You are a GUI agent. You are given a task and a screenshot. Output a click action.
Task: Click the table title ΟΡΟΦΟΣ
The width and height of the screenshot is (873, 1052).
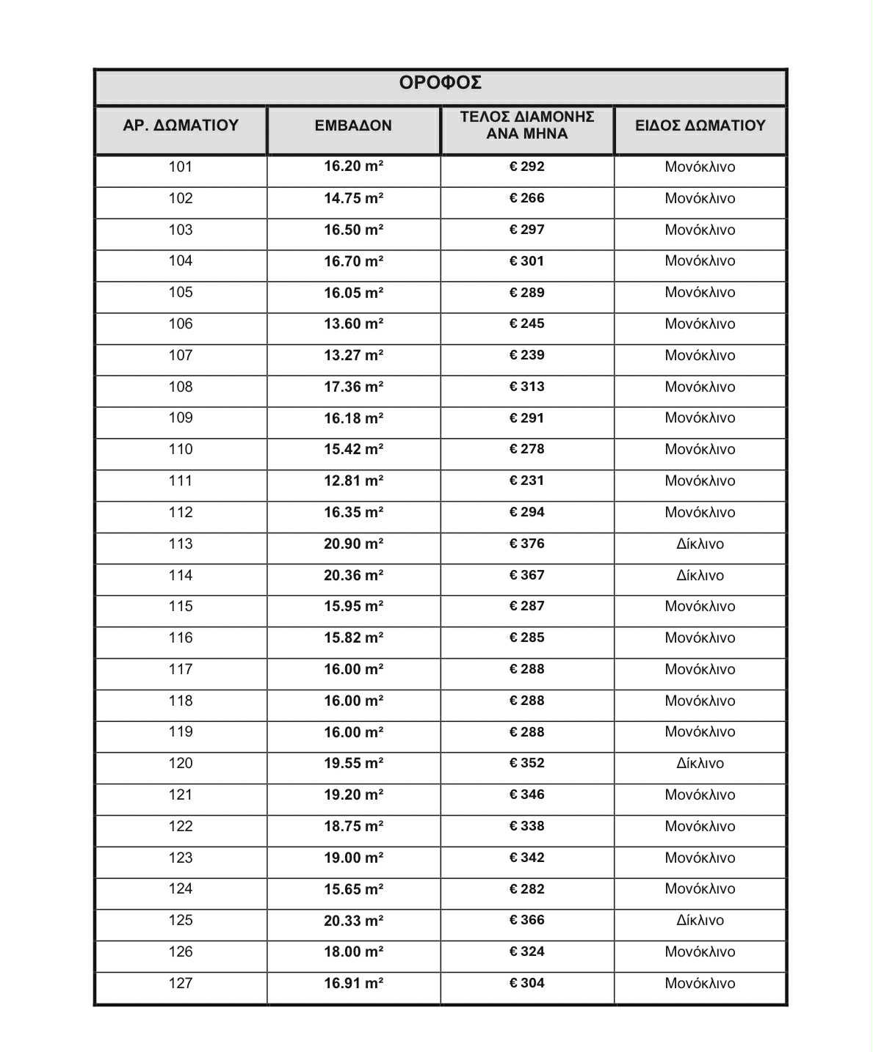pos(441,83)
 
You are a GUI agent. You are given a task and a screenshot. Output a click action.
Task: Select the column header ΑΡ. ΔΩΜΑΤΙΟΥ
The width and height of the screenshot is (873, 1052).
pos(181,125)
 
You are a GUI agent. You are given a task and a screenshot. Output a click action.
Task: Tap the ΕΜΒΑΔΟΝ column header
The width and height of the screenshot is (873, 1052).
pos(353,125)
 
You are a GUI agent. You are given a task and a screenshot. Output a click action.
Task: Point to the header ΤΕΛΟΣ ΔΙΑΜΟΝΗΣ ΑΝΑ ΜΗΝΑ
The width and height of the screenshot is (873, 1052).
pos(526,125)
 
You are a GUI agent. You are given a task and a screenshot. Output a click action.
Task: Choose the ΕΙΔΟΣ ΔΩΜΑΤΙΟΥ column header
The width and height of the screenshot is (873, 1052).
pos(700,125)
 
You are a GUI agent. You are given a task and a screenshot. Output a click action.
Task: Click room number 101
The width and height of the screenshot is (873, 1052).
pos(181,167)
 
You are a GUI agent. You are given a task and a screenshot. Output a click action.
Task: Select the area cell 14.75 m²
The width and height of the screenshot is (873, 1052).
pos(353,198)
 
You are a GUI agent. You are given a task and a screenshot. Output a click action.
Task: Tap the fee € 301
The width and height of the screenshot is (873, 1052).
pos(526,261)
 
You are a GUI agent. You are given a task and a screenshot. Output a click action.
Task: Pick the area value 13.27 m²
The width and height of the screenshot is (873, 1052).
pos(353,355)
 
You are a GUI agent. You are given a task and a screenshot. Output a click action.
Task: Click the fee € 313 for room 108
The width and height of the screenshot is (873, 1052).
pos(526,387)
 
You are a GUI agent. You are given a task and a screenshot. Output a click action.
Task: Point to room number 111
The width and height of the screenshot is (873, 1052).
pos(181,481)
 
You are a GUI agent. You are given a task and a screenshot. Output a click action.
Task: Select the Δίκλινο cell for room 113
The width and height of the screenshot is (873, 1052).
pos(700,544)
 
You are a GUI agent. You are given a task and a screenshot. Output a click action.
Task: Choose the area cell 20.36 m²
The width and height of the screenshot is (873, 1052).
pos(353,575)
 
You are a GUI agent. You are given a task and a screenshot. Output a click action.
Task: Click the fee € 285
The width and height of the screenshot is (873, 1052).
pos(526,638)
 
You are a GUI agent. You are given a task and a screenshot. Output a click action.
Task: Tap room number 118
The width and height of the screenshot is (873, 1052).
pos(181,701)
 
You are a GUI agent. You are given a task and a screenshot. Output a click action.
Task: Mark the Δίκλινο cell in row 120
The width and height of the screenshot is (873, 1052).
pos(700,763)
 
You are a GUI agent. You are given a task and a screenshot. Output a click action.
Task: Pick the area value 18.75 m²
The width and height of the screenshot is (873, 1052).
pos(353,826)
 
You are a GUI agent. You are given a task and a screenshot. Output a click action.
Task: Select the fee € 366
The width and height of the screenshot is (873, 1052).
pos(526,920)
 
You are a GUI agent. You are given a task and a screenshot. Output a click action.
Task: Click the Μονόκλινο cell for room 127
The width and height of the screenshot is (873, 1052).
pos(700,983)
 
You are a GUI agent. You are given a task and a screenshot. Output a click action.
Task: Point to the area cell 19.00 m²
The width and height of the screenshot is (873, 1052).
pos(353,858)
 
